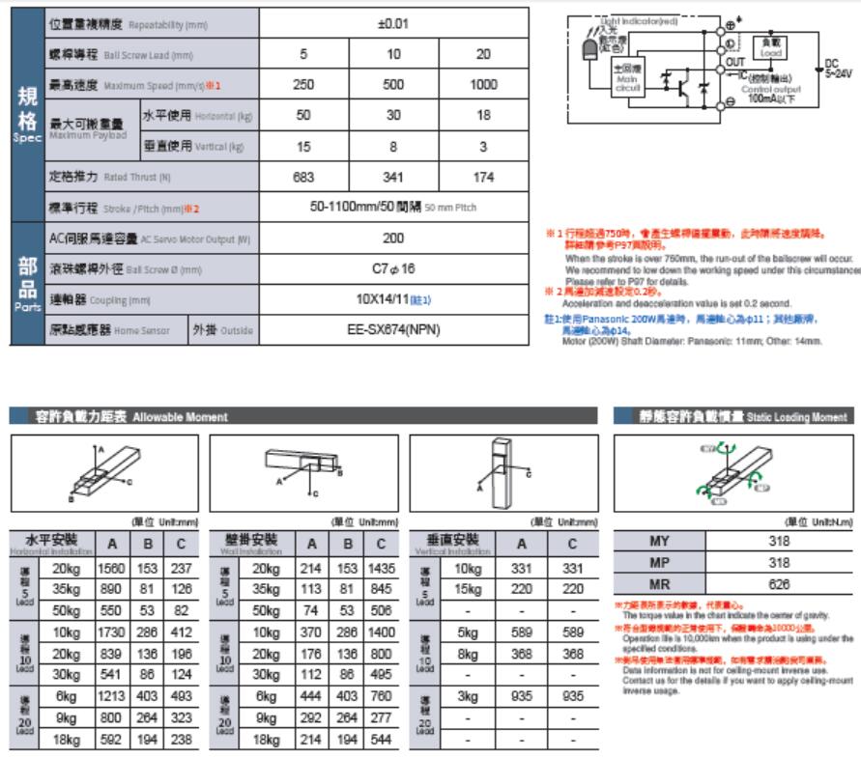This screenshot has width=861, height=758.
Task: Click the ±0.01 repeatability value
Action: point(393,22)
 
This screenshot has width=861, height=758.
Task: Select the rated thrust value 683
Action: point(302,178)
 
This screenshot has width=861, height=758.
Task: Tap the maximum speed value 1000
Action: point(484,84)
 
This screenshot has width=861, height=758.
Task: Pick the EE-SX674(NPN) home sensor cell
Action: point(394,330)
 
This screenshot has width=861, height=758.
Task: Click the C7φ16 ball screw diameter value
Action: point(393,269)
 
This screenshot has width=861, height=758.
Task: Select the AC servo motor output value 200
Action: point(393,238)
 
